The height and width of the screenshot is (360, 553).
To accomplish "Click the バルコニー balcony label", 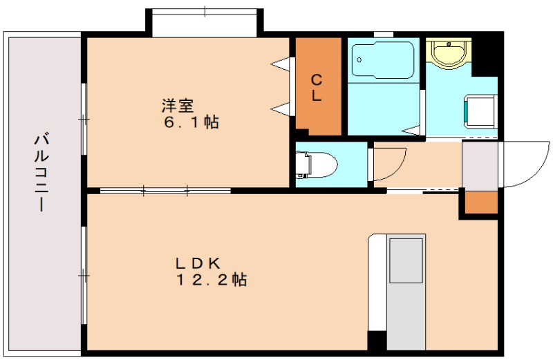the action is [41, 172].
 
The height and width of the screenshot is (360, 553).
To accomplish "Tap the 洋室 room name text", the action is [178, 106].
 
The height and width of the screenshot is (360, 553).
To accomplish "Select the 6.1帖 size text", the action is [191, 122].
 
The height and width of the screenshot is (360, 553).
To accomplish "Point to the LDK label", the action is [198, 263].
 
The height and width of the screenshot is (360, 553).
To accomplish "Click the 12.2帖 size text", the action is [212, 280].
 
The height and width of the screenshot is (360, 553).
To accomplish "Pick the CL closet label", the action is [317, 88].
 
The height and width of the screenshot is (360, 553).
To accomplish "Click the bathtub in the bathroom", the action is [383, 60].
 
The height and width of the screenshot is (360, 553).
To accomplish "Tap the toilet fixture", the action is [317, 164].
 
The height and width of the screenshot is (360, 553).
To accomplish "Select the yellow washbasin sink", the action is [449, 53].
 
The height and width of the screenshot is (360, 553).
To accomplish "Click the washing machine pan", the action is [480, 111].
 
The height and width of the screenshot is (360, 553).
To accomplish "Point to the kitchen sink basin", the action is [406, 260].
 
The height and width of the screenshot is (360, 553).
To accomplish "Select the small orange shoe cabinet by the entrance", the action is [481, 202].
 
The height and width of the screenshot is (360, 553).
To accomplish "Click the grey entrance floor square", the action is [480, 165].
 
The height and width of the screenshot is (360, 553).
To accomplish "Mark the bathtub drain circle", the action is [359, 60].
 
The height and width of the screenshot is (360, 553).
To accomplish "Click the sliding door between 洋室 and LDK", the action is [165, 191].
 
